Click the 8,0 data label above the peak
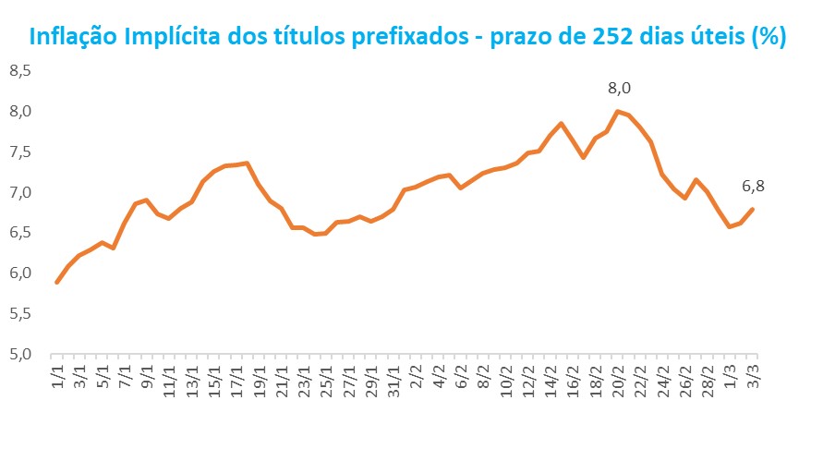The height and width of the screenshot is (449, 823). (618, 89)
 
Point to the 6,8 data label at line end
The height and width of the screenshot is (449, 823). (754, 187)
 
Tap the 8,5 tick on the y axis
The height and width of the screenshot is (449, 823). (19, 70)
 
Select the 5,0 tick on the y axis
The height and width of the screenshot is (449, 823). (19, 354)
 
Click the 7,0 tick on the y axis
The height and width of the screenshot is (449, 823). (19, 192)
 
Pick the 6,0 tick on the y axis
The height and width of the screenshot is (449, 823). (19, 273)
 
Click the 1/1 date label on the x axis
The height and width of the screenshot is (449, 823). (57, 377)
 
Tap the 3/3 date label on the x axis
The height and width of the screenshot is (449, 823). (753, 377)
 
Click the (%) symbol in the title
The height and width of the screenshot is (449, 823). (769, 37)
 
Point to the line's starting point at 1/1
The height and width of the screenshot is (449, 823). (57, 283)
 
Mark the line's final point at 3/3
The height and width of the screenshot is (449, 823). (753, 209)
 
